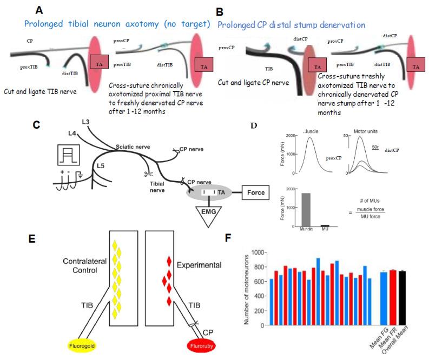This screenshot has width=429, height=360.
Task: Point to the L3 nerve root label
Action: click(85, 122)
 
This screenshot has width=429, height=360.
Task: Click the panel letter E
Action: click(36, 239)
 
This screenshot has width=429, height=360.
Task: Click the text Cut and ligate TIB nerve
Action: click(40, 91)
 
